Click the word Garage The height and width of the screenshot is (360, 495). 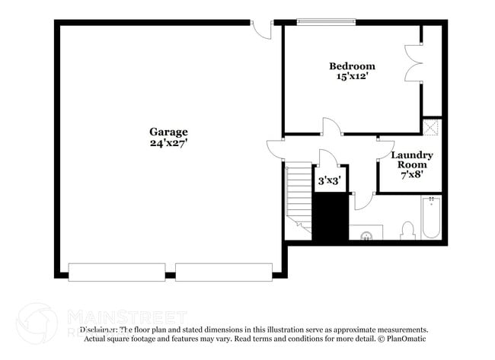point(168,131)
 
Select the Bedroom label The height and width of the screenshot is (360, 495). point(352,65)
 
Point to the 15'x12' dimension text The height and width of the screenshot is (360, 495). point(352,76)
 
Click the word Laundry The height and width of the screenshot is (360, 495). point(412,155)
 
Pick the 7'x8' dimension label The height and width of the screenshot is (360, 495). point(412,174)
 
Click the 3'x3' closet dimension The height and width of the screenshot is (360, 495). point(328,180)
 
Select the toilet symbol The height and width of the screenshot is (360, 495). point(407,231)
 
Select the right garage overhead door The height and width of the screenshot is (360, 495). point(224,270)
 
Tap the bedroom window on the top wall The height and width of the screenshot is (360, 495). point(326,21)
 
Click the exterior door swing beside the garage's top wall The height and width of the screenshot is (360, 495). point(263,29)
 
